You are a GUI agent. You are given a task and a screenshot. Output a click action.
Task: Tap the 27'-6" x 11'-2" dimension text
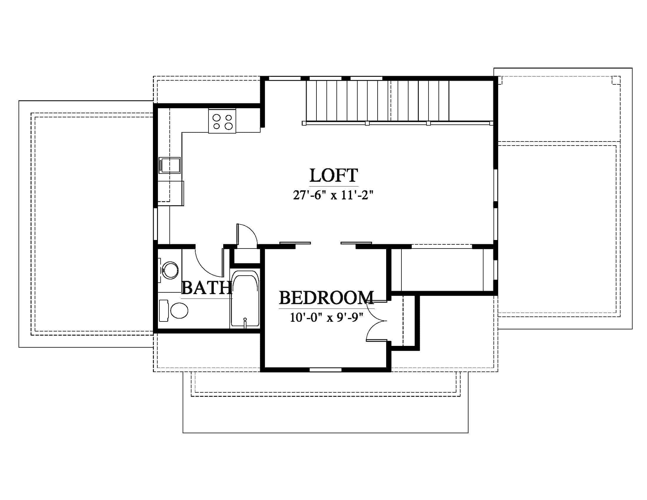333,195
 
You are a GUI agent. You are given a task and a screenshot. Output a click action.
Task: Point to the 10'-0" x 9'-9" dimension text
326,318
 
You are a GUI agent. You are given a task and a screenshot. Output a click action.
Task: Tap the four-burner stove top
222,121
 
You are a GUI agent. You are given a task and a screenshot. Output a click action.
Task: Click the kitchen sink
169,165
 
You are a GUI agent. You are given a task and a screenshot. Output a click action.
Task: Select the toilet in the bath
174,310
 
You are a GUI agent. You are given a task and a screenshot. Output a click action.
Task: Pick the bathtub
245,299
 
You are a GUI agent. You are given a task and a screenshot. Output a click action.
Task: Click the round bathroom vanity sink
170,270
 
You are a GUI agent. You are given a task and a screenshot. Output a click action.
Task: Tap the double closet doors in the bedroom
377,321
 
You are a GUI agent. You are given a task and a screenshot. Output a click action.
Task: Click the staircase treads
377,101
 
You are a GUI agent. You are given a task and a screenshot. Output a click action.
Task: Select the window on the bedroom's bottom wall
325,369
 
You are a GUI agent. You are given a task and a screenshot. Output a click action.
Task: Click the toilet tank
164,311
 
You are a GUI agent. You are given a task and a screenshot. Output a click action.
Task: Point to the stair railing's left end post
304,123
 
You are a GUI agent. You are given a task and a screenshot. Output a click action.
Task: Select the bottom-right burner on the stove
229,126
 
